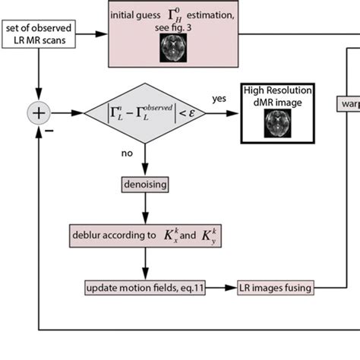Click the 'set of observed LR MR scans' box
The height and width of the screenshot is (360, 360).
(39, 34)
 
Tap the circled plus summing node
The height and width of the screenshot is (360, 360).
(39, 113)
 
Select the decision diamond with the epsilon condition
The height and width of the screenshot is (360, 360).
(145, 113)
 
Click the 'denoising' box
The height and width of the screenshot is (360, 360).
(145, 185)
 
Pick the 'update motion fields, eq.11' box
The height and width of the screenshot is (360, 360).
(145, 288)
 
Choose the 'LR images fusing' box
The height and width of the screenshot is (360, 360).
(276, 288)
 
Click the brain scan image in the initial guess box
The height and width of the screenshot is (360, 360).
(173, 48)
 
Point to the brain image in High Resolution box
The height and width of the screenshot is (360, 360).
(277, 123)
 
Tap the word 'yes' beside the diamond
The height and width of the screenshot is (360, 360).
(219, 99)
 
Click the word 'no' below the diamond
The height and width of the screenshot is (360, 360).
(127, 153)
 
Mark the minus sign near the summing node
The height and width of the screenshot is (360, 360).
(49, 131)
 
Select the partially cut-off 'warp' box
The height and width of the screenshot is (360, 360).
(349, 103)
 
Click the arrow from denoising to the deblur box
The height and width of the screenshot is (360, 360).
(145, 208)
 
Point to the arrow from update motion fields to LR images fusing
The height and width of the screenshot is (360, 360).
(221, 288)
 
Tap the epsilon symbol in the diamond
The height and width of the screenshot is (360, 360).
(191, 113)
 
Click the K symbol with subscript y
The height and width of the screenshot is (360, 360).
(209, 235)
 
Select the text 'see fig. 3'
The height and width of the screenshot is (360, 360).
(173, 27)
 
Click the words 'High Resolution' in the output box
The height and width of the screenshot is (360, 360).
(278, 90)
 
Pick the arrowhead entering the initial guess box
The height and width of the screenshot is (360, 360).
(102, 34)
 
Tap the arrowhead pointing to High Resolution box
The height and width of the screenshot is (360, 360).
(232, 113)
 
